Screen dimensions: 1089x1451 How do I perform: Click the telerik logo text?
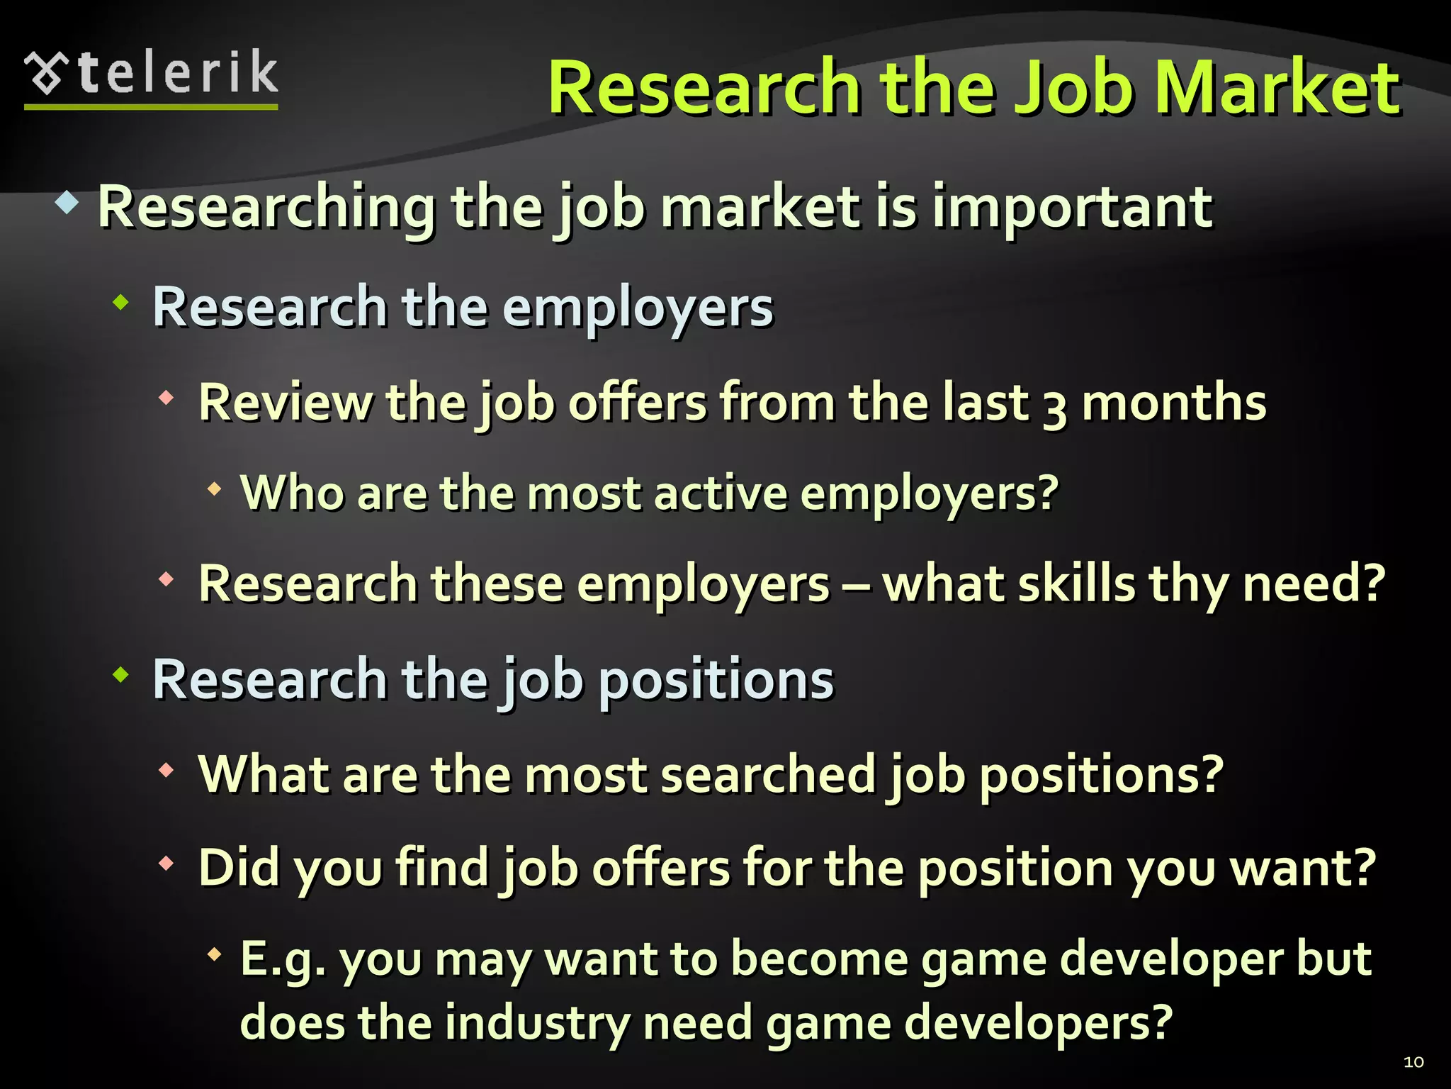177,73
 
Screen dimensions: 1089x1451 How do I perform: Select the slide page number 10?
1413,1061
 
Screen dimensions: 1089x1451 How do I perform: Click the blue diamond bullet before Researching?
67,203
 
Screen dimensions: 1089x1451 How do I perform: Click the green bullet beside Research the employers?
122,303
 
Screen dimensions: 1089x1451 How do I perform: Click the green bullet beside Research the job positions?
122,675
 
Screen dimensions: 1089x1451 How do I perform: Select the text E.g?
283,960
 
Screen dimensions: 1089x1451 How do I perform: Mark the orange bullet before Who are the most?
215,488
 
